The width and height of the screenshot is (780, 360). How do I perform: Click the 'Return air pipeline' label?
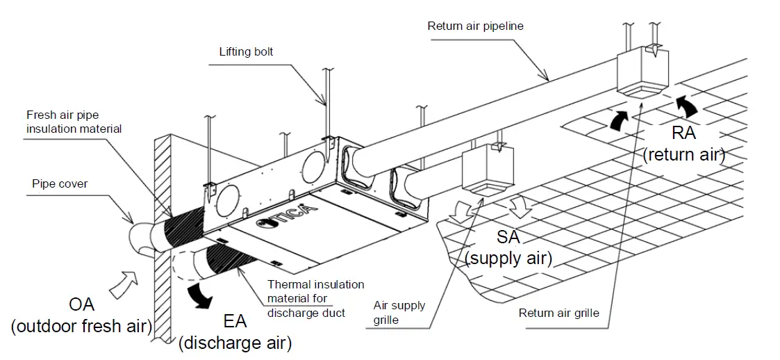click(x=476, y=26)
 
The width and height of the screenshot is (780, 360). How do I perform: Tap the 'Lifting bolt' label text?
click(x=245, y=51)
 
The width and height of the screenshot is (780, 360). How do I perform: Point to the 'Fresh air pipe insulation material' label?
click(x=74, y=122)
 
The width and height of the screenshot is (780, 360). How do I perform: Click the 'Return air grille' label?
click(x=558, y=313)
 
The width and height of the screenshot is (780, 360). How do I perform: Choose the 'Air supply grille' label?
click(x=399, y=313)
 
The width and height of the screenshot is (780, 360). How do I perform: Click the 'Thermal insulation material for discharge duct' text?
click(x=315, y=297)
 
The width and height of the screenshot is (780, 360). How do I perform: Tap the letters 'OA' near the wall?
click(x=81, y=304)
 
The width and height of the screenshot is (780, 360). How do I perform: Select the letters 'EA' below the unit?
click(x=235, y=321)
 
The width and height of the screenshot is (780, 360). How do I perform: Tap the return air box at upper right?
click(x=641, y=73)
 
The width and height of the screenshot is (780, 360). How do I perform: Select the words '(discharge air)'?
click(x=235, y=343)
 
